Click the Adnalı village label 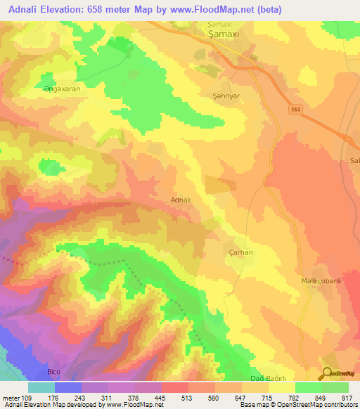(181, 200)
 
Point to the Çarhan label (221, 252)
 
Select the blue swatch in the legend (68, 387)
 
